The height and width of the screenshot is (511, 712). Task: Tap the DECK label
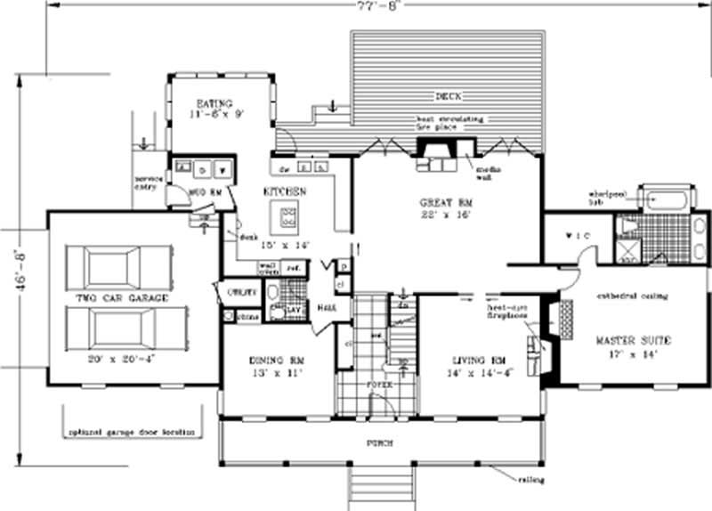[x=446, y=96]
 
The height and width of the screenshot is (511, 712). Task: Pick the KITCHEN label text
[x=285, y=191]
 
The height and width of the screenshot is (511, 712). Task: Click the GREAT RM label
[x=445, y=203]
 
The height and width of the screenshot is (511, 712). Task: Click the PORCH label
[x=378, y=442]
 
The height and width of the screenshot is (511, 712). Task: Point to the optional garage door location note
[x=132, y=432]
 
